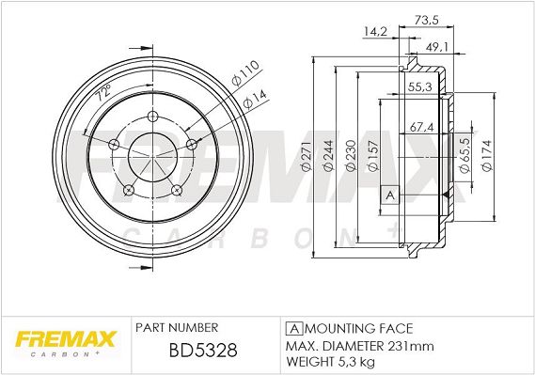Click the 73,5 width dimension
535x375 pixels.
(427, 20)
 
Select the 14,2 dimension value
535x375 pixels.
(375, 32)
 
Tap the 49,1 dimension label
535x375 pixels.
(437, 47)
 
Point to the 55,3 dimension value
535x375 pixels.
(420, 86)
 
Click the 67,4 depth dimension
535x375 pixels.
(422, 127)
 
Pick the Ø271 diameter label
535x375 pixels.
(307, 156)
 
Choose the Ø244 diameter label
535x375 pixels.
(328, 156)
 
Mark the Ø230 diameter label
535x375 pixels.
(350, 156)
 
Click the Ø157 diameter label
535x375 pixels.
(372, 156)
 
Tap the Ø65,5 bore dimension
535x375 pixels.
(465, 155)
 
